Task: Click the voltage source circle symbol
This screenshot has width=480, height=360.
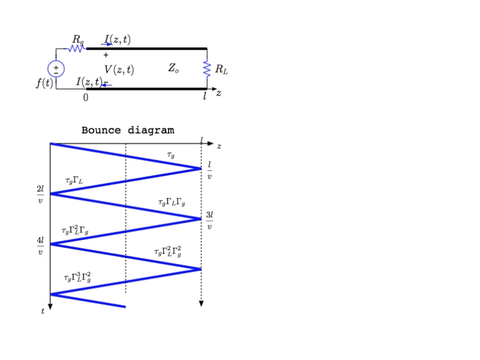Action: click(56, 69)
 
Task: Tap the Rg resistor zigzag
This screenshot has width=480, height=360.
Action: click(76, 48)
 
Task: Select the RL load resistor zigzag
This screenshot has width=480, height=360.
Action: click(207, 70)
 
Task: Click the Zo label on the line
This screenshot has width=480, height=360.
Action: click(173, 69)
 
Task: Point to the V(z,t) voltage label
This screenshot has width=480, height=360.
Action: click(119, 70)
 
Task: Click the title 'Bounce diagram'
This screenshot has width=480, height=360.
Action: click(128, 130)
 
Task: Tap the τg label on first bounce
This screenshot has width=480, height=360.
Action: click(171, 155)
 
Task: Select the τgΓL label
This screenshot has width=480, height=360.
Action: click(74, 180)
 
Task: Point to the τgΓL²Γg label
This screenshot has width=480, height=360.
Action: click(75, 230)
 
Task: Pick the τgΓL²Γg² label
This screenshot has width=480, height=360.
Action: click(167, 251)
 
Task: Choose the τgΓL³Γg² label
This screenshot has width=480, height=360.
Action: click(77, 277)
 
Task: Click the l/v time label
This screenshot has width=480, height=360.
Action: click(209, 170)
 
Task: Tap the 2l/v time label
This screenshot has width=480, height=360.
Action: click(40, 194)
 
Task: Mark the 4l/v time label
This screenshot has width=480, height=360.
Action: click(40, 245)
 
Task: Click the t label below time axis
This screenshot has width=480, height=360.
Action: click(43, 311)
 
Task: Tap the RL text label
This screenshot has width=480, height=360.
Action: click(221, 70)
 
